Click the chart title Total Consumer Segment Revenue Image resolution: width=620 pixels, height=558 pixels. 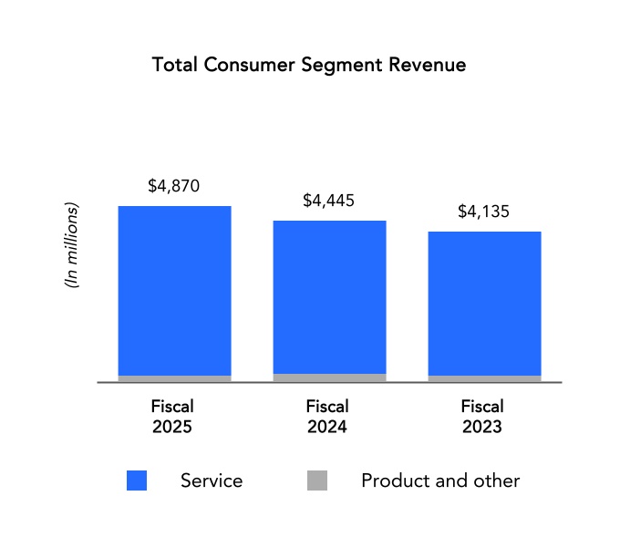309,66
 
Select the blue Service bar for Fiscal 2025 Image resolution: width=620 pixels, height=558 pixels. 174,290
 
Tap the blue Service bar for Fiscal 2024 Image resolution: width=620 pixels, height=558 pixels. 329,297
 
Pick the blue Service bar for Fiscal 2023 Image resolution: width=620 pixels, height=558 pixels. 484,303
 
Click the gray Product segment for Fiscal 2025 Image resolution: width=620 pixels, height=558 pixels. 174,378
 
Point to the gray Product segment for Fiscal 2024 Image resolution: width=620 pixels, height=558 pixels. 329,377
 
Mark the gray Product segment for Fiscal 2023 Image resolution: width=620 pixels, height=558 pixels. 484,378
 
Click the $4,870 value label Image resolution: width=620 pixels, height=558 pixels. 173,187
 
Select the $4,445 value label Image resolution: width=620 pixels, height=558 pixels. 329,201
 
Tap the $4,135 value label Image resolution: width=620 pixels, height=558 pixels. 483,212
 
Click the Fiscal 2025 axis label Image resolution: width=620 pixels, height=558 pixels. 173,417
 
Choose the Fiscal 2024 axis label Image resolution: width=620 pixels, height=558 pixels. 328,417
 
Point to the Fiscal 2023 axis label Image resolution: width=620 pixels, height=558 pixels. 482,417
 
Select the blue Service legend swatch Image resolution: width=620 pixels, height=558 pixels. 137,480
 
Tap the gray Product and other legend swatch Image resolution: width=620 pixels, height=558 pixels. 317,480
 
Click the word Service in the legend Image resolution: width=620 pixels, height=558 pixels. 212,480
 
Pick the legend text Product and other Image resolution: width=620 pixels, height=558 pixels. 440,480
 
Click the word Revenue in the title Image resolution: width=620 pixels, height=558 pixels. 427,66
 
